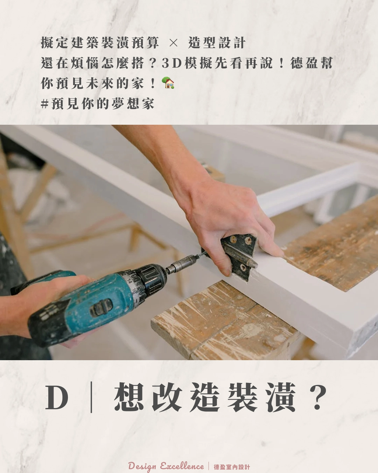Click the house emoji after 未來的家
(x=168, y=83)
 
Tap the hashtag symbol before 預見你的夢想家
(x=44, y=104)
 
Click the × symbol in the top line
(x=173, y=43)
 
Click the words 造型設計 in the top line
(x=217, y=43)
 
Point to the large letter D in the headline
(x=57, y=398)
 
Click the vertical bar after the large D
(x=91, y=398)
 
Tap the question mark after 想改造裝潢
(x=318, y=398)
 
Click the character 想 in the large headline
(x=129, y=398)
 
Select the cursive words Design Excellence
(x=166, y=466)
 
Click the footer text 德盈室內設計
(x=232, y=467)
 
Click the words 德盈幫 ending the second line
(x=311, y=63)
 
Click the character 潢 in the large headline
(x=280, y=398)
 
